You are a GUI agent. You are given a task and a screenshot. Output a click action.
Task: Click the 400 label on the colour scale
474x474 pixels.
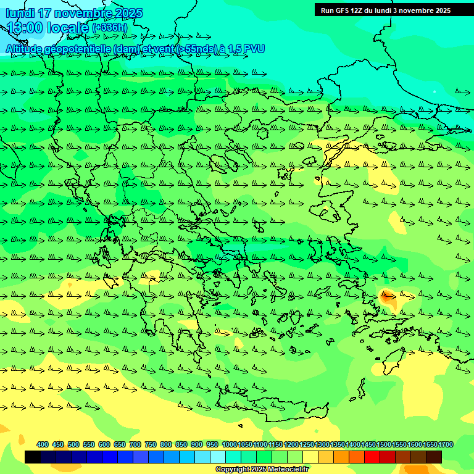(x=43, y=444)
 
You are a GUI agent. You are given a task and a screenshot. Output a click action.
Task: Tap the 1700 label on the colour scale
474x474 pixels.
(x=447, y=444)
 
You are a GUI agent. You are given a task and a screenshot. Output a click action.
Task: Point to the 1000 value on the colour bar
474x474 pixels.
(x=229, y=444)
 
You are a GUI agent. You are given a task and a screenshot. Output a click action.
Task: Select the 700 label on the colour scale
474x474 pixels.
(x=135, y=444)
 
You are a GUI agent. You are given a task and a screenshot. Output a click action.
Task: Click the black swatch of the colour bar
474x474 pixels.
(x=33, y=457)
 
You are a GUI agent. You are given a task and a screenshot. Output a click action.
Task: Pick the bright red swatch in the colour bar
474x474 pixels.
(x=372, y=457)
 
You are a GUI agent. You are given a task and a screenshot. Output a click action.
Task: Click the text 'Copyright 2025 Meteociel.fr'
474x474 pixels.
(x=262, y=470)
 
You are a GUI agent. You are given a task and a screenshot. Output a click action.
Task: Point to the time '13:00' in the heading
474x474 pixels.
(x=25, y=28)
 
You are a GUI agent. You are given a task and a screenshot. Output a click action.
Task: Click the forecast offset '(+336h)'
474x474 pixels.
(x=109, y=28)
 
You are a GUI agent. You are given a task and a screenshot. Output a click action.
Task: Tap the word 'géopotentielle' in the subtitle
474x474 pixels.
(x=85, y=49)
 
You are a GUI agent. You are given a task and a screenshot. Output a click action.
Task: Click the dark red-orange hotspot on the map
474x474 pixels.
(x=388, y=297)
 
